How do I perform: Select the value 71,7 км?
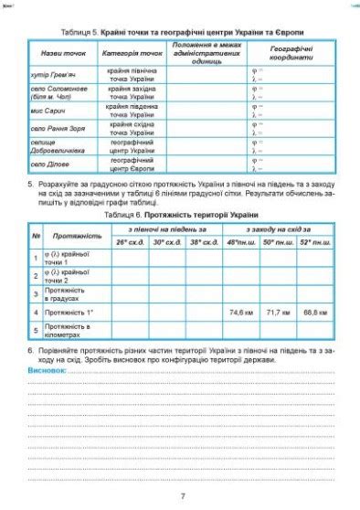[x=278, y=312]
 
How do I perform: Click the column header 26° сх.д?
[x=130, y=242]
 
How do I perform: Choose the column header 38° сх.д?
[x=203, y=242]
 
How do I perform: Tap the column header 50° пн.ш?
[x=278, y=242]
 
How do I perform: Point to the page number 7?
[x=183, y=495]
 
